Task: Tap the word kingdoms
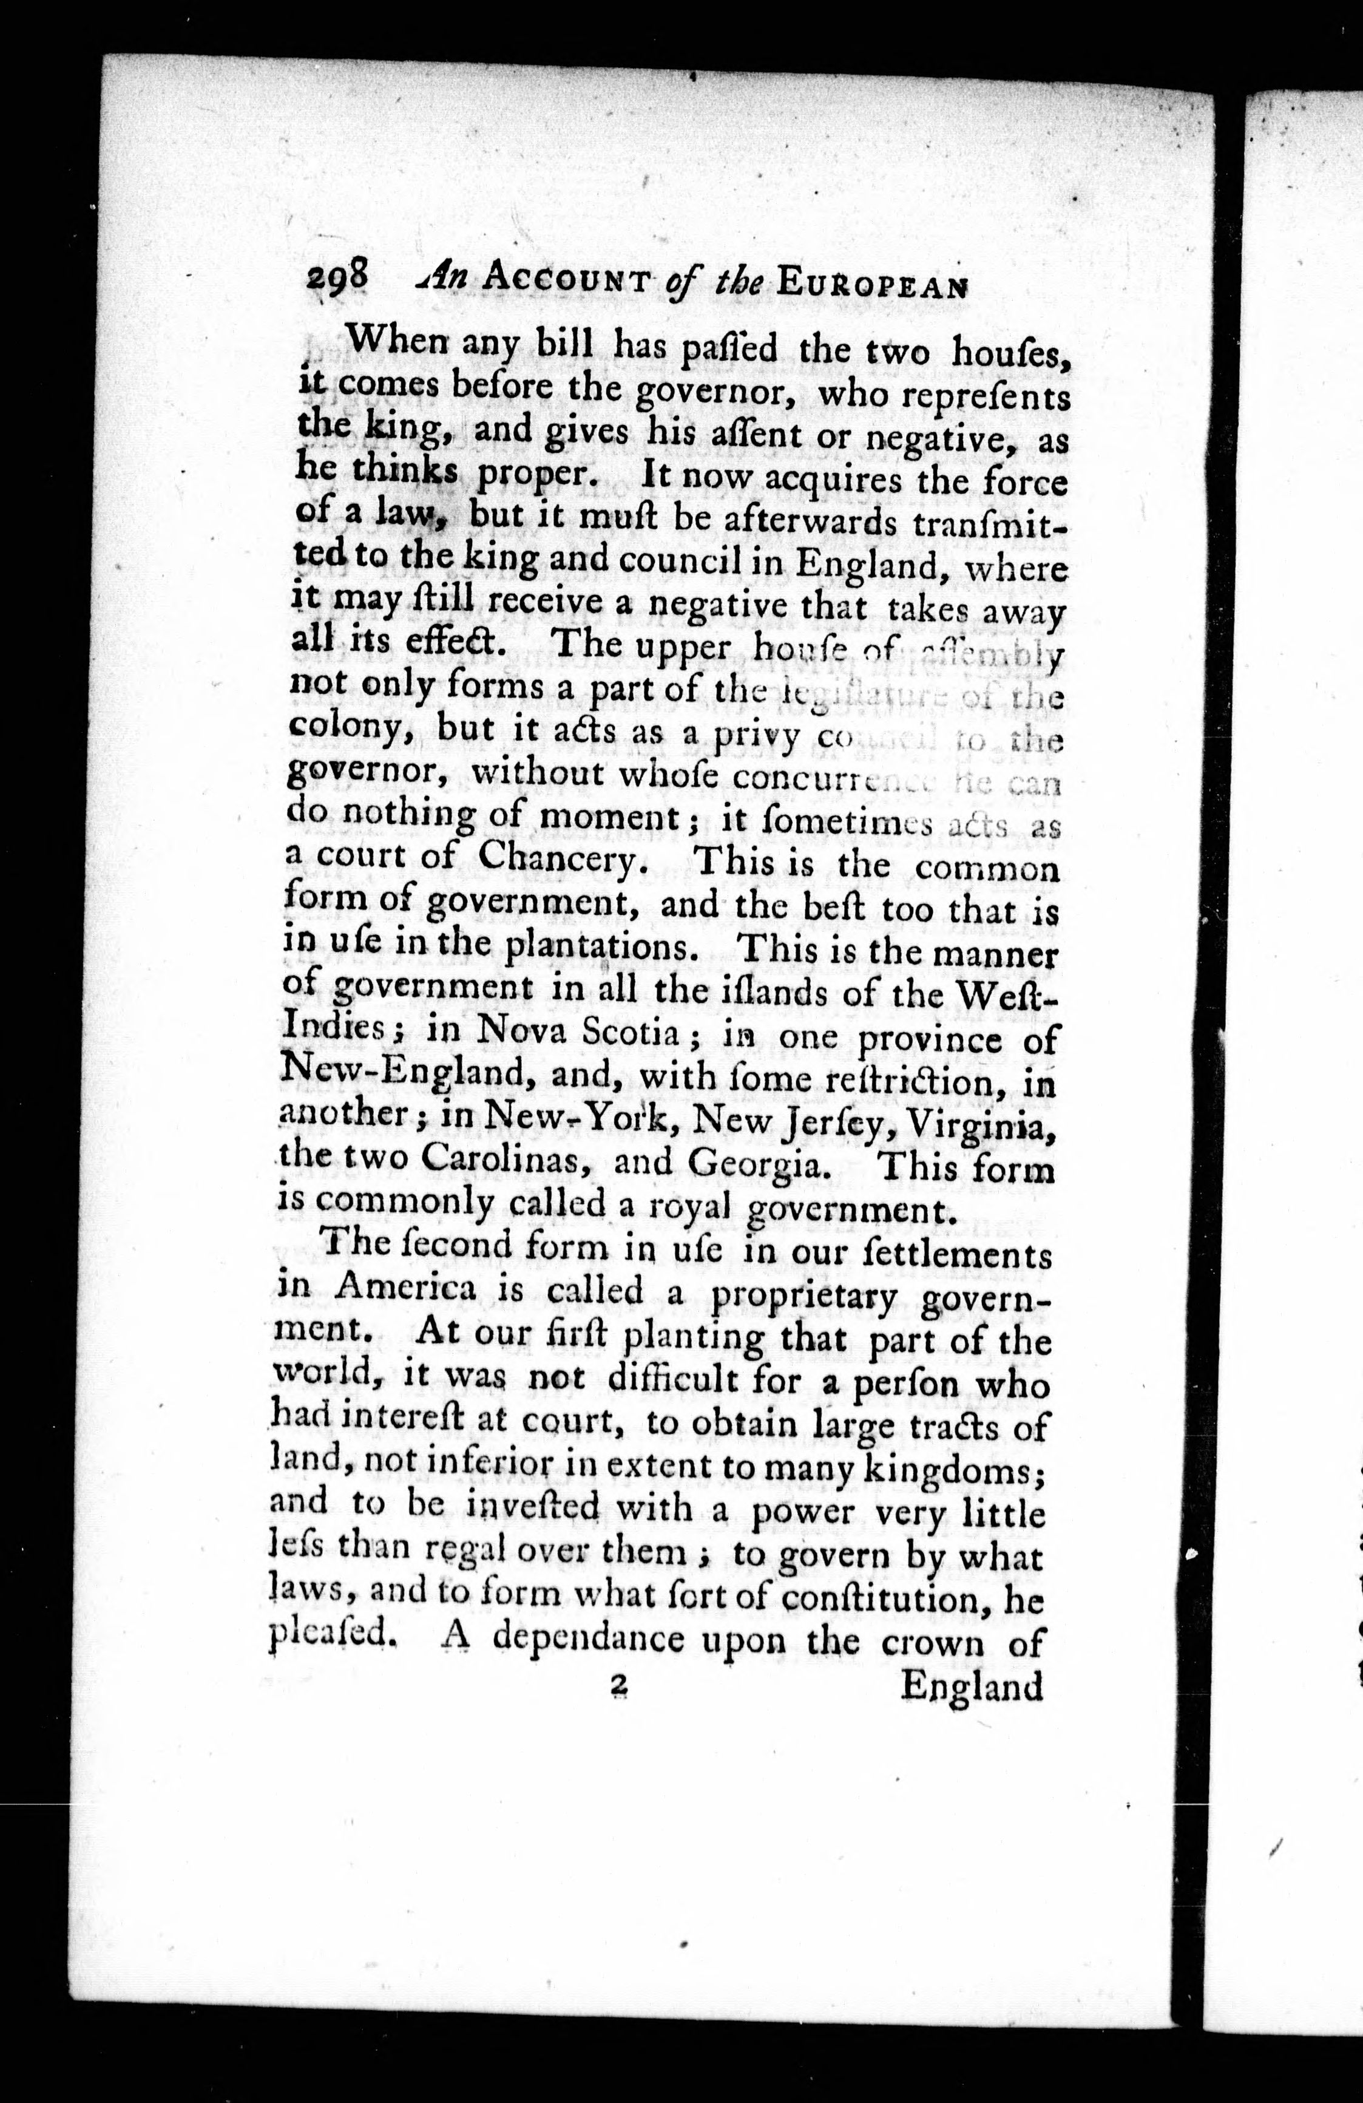[954, 1469]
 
